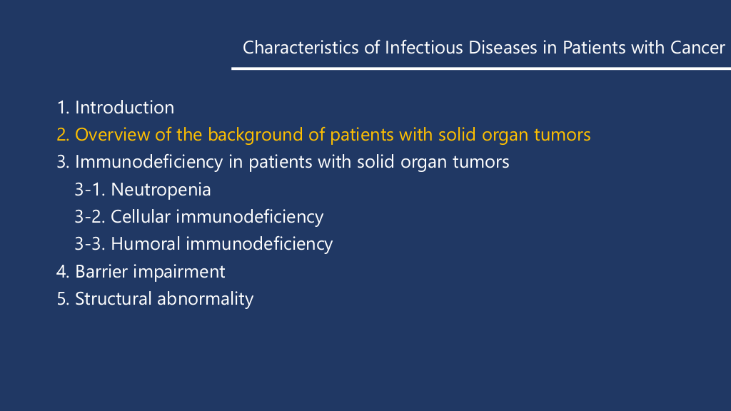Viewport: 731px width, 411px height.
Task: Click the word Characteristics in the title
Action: pos(301,48)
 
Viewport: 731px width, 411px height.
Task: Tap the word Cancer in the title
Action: pos(697,48)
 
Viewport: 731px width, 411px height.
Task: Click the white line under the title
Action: pos(481,68)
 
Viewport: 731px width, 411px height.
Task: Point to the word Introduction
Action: pos(124,108)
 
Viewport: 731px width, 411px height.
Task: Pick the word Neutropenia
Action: pos(161,190)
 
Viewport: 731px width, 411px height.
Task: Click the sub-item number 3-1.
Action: pos(90,190)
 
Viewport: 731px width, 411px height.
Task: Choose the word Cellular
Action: pos(141,217)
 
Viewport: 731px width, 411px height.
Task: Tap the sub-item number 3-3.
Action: pos(90,244)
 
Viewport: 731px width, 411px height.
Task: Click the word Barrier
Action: pos(101,272)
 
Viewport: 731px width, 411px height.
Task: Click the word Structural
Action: pos(114,299)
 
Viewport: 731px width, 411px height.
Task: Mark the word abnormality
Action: pos(205,299)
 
